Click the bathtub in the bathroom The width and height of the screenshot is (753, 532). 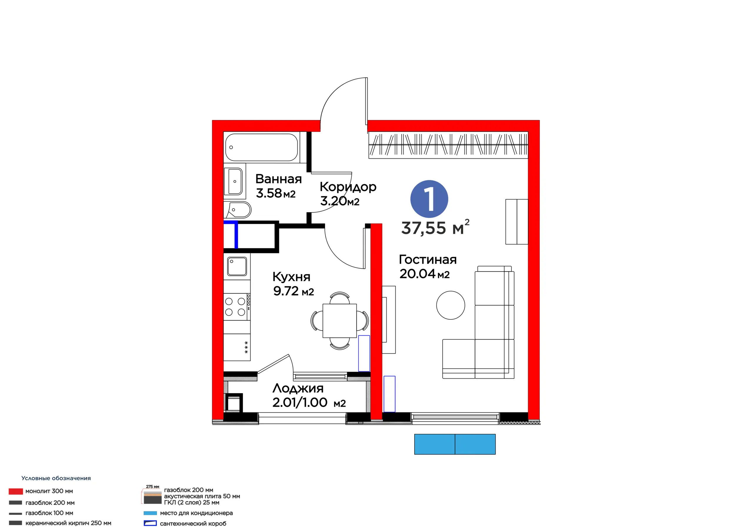point(261,147)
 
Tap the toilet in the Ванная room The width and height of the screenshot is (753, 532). point(238,210)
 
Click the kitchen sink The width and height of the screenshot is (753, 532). point(237,266)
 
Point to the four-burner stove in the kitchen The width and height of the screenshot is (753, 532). point(237,307)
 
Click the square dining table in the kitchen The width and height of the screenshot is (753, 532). point(339,321)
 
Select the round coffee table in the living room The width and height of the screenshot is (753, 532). point(451,305)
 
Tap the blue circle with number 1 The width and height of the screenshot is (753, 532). point(429,199)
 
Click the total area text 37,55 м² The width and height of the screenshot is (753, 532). point(435,227)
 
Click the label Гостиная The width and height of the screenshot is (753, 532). point(428,260)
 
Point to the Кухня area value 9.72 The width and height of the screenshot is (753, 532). point(286,291)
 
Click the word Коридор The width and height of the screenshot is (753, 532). point(348,187)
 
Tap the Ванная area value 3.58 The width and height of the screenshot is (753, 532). point(269,193)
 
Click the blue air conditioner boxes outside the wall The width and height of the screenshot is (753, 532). point(455,444)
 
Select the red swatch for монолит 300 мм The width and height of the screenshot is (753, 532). point(16,491)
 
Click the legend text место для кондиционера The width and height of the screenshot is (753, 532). point(196,513)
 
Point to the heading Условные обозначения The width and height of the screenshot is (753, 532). point(56,478)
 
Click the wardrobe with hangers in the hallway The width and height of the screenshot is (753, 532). point(448,145)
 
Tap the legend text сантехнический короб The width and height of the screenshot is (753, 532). point(193,523)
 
